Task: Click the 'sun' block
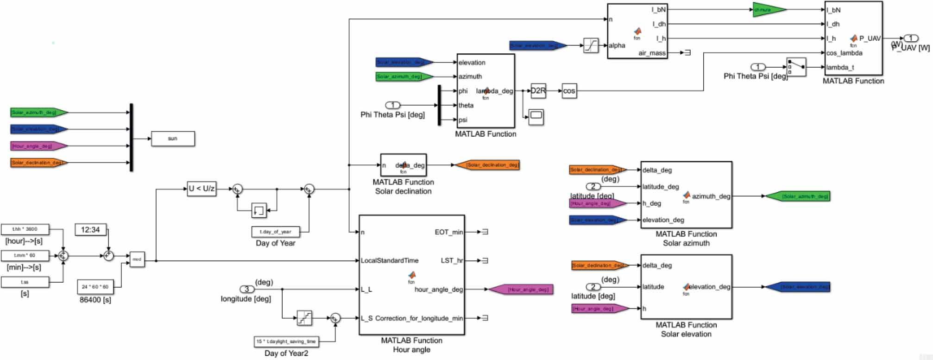pyautogui.click(x=173, y=139)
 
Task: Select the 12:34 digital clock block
pyautogui.click(x=90, y=229)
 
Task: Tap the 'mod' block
pyautogui.click(x=137, y=259)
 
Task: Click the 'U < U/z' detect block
pyautogui.click(x=202, y=189)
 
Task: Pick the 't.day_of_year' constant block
pyautogui.click(x=276, y=232)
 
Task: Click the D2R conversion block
pyautogui.click(x=538, y=91)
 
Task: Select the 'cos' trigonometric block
pyautogui.click(x=569, y=91)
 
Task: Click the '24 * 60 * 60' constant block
pyautogui.click(x=95, y=287)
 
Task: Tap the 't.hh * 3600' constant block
pyautogui.click(x=25, y=229)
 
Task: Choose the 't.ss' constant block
pyautogui.click(x=25, y=282)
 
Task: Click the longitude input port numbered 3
pyautogui.click(x=246, y=289)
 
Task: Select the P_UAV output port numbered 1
pyautogui.click(x=911, y=38)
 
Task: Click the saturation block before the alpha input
pyautogui.click(x=591, y=45)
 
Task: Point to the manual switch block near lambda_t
pyautogui.click(x=796, y=67)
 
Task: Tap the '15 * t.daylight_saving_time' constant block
pyautogui.click(x=286, y=341)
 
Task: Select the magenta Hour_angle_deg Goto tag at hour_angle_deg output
pyautogui.click(x=521, y=290)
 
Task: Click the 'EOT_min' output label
pyautogui.click(x=448, y=232)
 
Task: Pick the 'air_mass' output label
pyautogui.click(x=652, y=53)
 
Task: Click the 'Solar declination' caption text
pyautogui.click(x=403, y=191)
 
